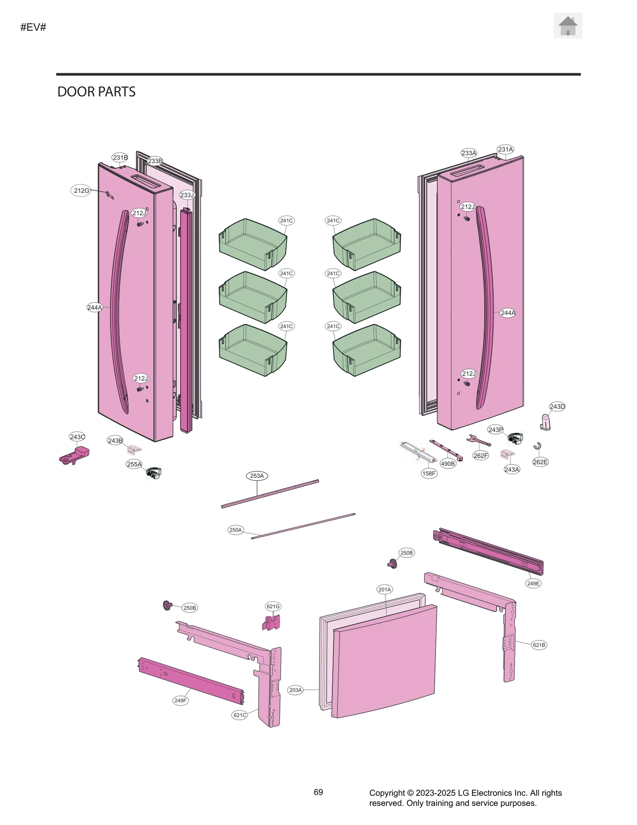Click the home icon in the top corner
(x=568, y=26)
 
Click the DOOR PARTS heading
(x=96, y=92)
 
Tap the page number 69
(x=318, y=792)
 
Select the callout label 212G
(x=81, y=190)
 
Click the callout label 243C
(x=77, y=437)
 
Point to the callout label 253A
(x=257, y=476)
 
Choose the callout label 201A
(x=385, y=589)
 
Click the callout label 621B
(x=539, y=645)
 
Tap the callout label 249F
(x=180, y=700)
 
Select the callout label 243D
(x=557, y=406)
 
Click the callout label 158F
(x=429, y=473)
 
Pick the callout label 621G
(x=273, y=606)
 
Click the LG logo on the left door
(x=109, y=196)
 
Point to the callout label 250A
(x=235, y=530)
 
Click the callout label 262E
(x=540, y=462)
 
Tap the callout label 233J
(x=187, y=195)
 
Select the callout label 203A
(x=295, y=690)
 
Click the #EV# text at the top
(x=33, y=27)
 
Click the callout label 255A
(x=134, y=464)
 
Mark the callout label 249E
(x=533, y=583)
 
